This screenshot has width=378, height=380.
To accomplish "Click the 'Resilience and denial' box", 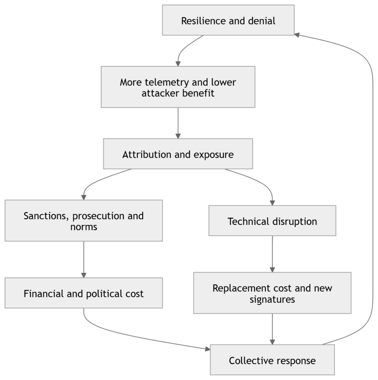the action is [228, 20].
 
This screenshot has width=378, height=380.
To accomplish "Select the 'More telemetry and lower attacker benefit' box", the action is [178, 87].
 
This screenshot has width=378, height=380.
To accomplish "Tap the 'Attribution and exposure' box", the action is [178, 154].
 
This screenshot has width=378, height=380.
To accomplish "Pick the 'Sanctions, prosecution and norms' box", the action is [84, 220].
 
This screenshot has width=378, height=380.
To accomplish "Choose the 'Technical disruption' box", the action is [272, 220].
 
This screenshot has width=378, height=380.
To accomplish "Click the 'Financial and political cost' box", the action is [84, 293].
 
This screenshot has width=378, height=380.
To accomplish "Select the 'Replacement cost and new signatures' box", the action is [272, 293].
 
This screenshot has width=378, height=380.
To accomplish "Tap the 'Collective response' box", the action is [272, 360].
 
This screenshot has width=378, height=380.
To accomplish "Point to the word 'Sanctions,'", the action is [46, 216].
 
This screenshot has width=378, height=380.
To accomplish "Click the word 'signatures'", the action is [272, 299].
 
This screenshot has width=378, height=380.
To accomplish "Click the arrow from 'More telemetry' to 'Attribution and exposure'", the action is [178, 123].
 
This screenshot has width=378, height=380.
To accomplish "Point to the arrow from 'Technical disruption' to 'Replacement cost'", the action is [272, 254].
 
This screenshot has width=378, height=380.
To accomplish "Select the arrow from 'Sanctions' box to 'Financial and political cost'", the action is [84, 259].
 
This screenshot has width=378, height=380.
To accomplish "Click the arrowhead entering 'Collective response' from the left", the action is [208, 349].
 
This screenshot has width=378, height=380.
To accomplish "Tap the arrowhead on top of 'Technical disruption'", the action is [272, 203].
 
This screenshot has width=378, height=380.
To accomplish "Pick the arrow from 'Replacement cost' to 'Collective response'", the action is [272, 329].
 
